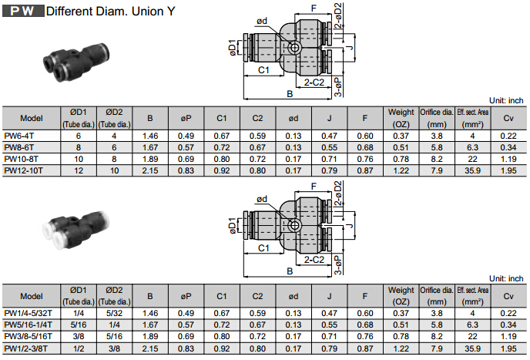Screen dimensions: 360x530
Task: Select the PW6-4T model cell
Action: click(x=19, y=135)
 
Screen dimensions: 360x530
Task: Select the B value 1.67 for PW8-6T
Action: click(x=150, y=146)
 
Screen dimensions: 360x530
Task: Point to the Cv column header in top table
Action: click(x=508, y=118)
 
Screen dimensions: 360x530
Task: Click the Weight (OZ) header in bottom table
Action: click(x=401, y=297)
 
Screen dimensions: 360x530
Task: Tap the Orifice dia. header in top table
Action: click(x=436, y=118)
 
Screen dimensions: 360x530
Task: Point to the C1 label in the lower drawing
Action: click(x=263, y=248)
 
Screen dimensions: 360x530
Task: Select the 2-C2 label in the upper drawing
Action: click(x=314, y=82)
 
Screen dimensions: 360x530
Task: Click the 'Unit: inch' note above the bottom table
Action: click(x=506, y=278)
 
